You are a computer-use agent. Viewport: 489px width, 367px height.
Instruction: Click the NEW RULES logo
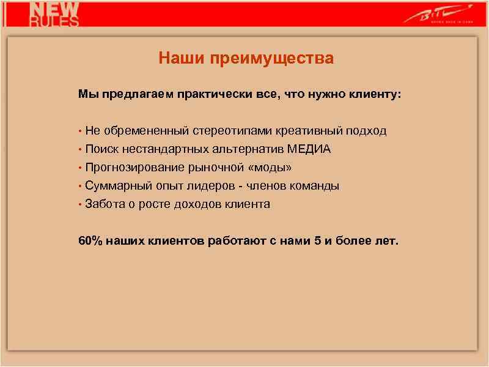pyautogui.click(x=55, y=13)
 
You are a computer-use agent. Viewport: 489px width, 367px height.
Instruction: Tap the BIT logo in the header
pyautogui.click(x=437, y=13)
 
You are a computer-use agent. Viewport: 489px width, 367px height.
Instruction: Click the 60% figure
pyautogui.click(x=90, y=240)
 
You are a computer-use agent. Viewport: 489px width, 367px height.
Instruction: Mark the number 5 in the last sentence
pyautogui.click(x=317, y=240)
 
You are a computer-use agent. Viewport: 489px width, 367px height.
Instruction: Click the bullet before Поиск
pyautogui.click(x=80, y=150)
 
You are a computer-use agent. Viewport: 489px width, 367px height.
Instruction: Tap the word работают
pyautogui.click(x=235, y=240)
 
